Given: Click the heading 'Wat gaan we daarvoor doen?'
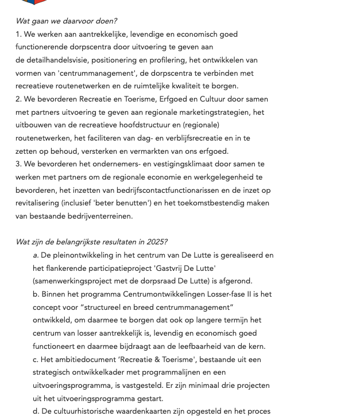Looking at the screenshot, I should point(66,21).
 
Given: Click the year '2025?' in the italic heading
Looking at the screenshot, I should point(157,242).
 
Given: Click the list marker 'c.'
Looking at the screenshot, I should point(36,360).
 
